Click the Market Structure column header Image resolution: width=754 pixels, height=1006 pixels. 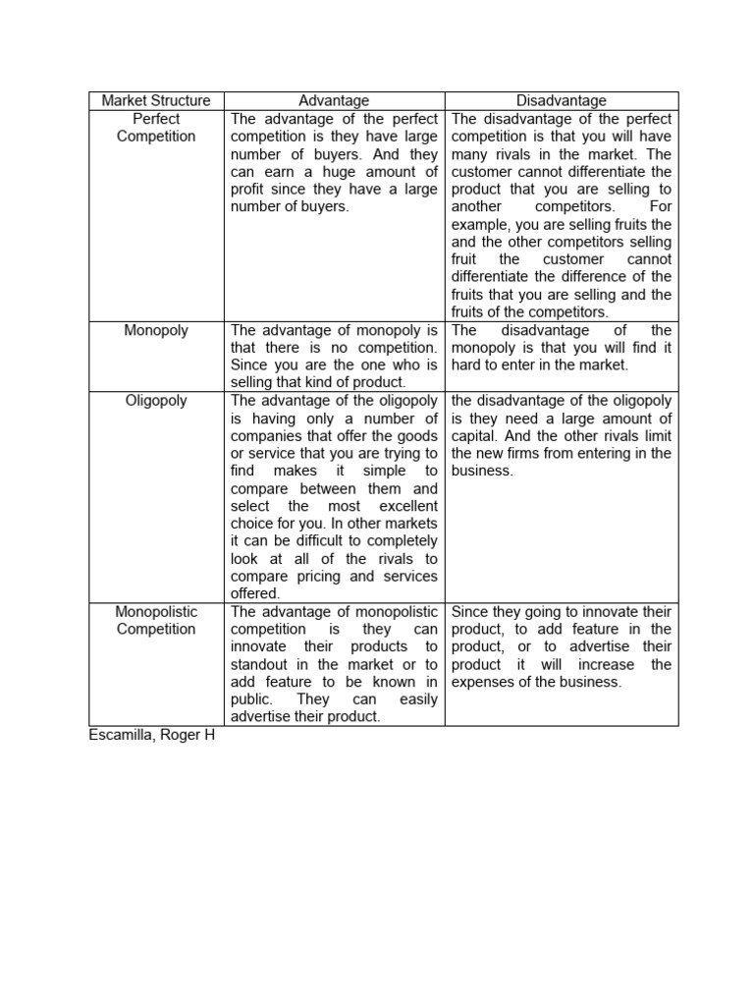click(156, 100)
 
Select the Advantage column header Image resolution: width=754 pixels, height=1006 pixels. click(334, 100)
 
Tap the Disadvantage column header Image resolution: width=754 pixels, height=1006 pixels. click(562, 100)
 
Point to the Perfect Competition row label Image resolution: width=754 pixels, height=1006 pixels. click(156, 128)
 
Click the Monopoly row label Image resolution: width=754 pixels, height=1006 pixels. click(156, 330)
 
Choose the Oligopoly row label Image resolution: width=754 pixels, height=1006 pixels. click(156, 401)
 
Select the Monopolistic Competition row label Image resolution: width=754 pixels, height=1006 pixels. click(156, 620)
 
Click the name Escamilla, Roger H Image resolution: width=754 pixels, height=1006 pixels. click(151, 735)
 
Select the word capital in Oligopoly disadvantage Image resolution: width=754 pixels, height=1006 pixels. click(475, 435)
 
